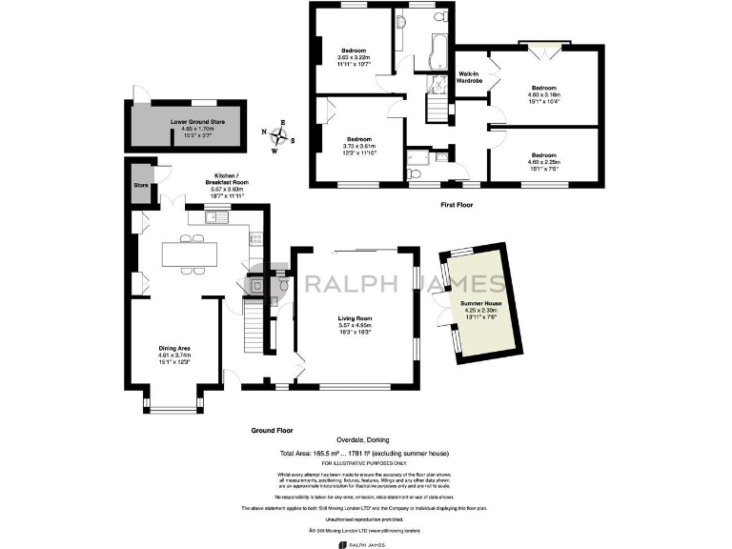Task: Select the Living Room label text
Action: click(355, 324)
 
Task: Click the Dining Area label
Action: click(174, 354)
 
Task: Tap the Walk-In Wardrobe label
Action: click(469, 77)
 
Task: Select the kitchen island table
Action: click(190, 254)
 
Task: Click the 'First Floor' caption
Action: click(458, 204)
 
